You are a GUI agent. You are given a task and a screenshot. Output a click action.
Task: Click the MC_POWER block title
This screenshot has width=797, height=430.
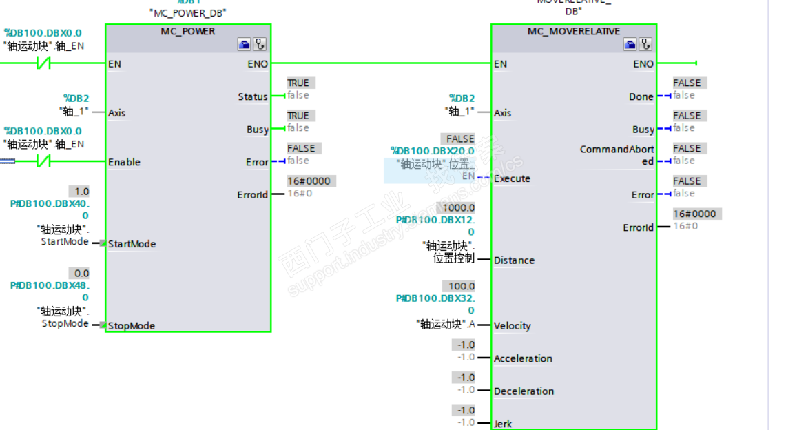(188, 31)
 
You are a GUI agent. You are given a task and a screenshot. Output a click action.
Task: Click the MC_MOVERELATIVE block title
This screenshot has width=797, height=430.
(574, 31)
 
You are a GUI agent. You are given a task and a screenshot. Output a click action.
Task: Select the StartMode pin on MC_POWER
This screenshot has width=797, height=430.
(132, 244)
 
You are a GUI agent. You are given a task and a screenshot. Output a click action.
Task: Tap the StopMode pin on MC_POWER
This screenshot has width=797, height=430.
(131, 326)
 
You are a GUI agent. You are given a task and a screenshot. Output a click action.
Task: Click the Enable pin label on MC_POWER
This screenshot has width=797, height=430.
(124, 162)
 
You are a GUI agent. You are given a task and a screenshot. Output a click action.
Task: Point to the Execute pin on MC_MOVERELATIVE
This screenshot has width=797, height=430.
(512, 178)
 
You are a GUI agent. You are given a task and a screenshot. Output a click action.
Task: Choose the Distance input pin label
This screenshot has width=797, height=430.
(514, 260)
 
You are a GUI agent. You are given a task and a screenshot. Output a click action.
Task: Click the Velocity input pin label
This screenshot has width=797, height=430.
(512, 326)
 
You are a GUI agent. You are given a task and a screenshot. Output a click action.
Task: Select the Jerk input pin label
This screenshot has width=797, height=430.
(503, 424)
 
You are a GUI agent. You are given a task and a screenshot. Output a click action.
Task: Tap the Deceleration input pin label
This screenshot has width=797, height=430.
(524, 391)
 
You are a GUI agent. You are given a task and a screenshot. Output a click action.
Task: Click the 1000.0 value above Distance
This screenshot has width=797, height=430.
(459, 207)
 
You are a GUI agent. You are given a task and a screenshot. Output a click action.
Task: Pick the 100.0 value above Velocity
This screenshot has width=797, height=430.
(462, 286)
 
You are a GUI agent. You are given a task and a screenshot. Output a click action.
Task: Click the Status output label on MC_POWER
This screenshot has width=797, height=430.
(253, 96)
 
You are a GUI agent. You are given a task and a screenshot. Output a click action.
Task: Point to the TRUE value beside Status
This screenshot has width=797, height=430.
(298, 83)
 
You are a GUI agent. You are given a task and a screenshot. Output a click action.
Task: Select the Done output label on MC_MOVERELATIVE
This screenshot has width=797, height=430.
(641, 96)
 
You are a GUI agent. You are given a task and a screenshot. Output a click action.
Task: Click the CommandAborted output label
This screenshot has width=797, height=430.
(617, 155)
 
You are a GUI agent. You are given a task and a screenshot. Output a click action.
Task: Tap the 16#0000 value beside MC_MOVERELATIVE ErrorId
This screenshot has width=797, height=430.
(694, 214)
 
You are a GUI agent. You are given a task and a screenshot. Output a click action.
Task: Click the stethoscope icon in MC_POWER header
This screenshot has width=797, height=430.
(260, 45)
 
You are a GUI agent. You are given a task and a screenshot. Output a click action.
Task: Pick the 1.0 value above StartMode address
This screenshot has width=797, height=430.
(81, 192)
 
